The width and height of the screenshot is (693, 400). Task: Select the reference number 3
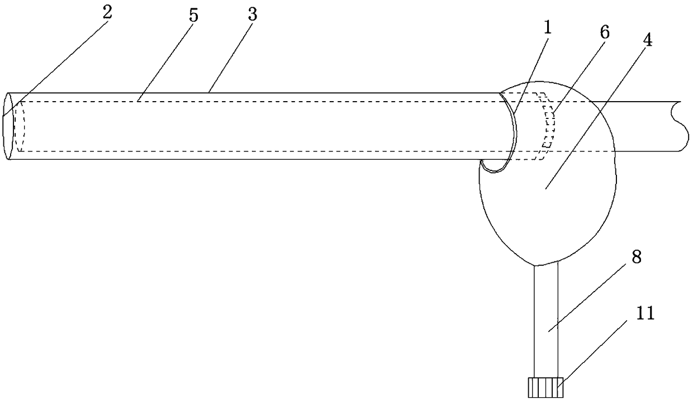252,16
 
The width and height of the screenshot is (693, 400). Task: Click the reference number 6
605,32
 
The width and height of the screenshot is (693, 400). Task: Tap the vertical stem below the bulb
546,318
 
